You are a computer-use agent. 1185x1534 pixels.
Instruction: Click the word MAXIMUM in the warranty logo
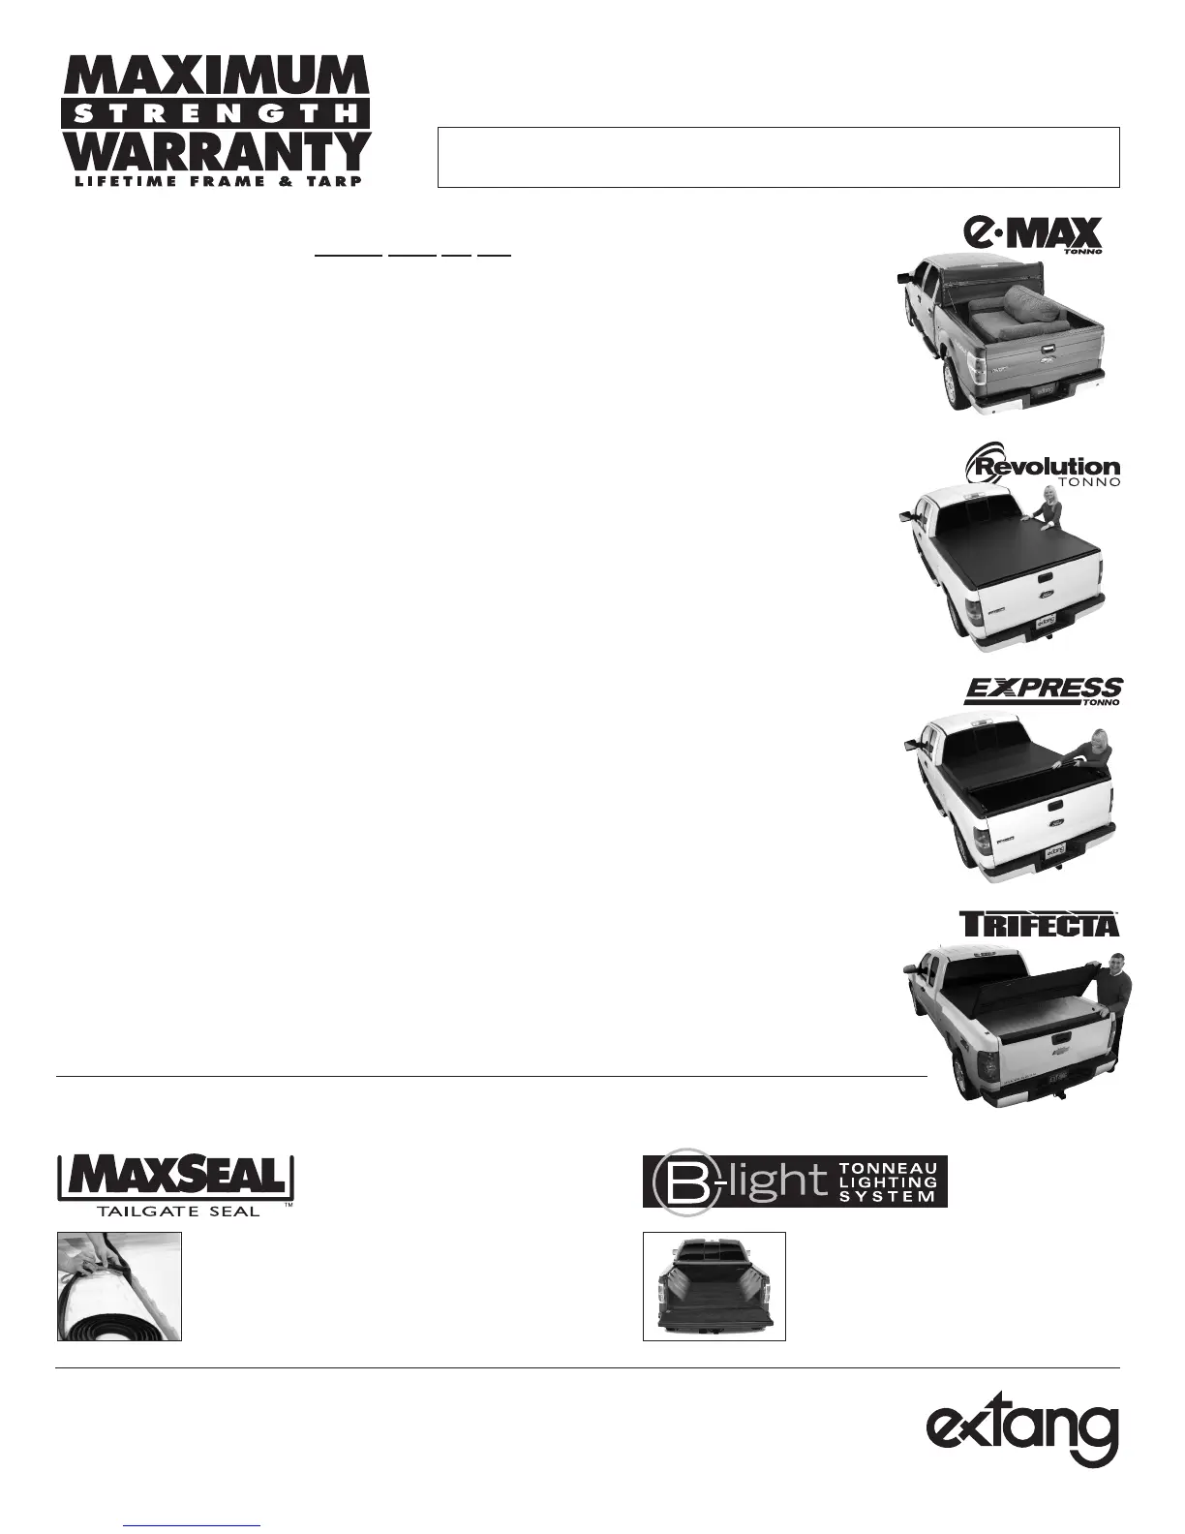[215, 77]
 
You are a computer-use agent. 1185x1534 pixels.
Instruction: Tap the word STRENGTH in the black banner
[215, 113]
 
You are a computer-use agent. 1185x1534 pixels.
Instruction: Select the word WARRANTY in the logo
[215, 150]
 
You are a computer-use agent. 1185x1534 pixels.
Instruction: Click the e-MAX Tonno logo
[1033, 235]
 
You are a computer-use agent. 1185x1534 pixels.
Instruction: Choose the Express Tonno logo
[1044, 691]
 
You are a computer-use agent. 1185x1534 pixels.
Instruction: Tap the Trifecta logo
[1039, 923]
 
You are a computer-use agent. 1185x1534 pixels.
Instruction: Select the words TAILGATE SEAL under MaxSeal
[177, 1210]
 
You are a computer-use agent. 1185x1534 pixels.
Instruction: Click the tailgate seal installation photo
[120, 1286]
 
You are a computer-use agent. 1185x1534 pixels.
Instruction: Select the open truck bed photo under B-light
[714, 1286]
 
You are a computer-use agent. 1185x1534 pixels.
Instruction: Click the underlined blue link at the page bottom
[193, 1523]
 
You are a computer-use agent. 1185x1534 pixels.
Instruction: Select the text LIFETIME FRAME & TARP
[215, 180]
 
